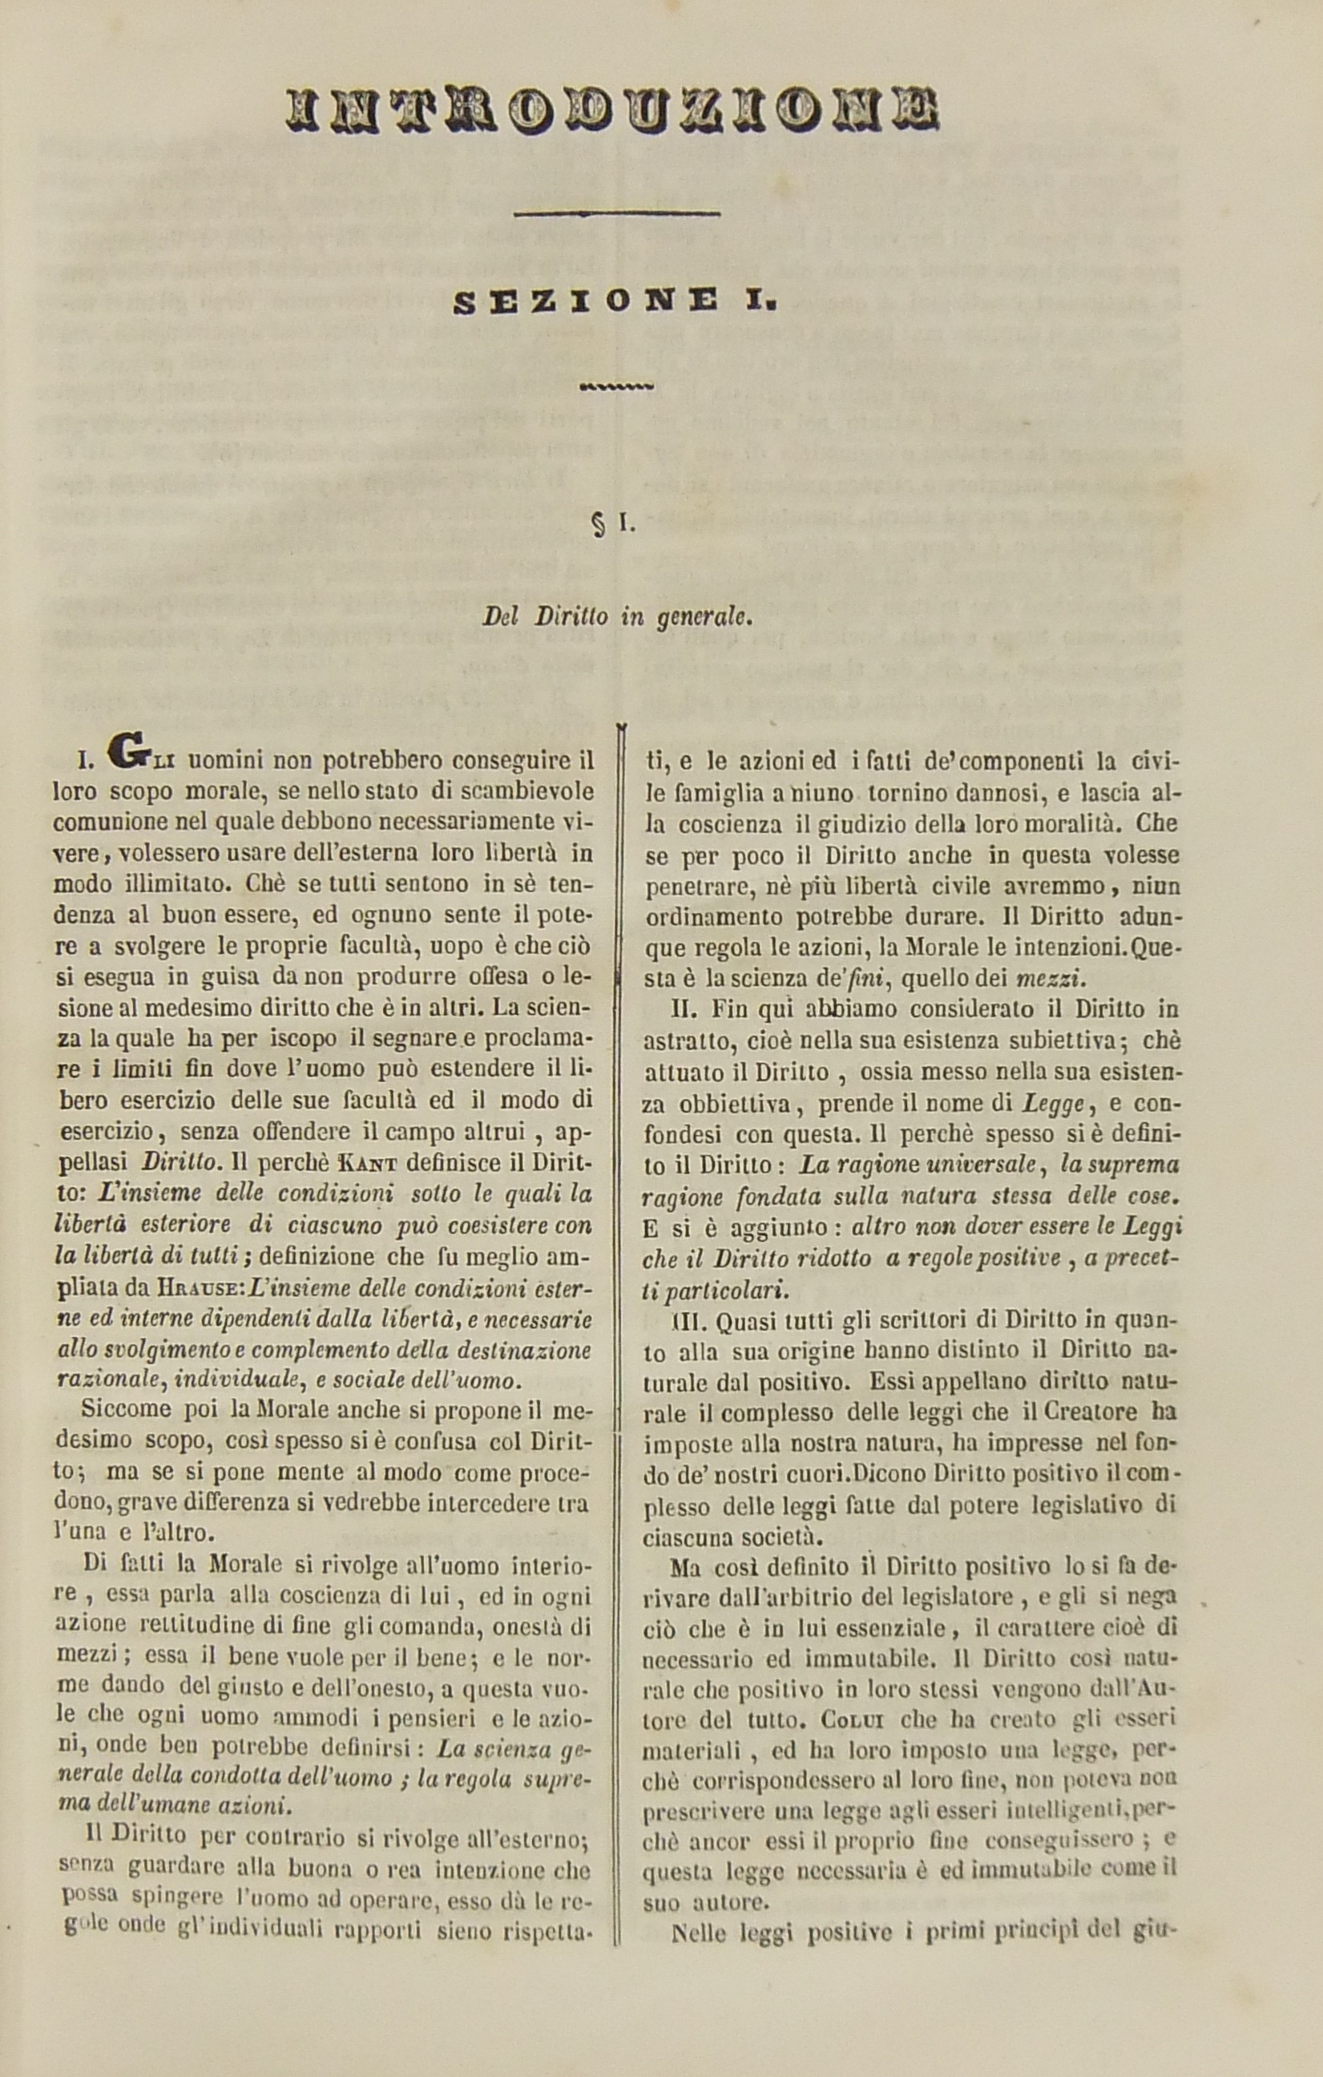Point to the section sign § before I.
point(597,524)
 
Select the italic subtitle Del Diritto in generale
point(618,616)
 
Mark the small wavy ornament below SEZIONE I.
point(618,386)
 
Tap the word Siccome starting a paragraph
point(121,1409)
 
